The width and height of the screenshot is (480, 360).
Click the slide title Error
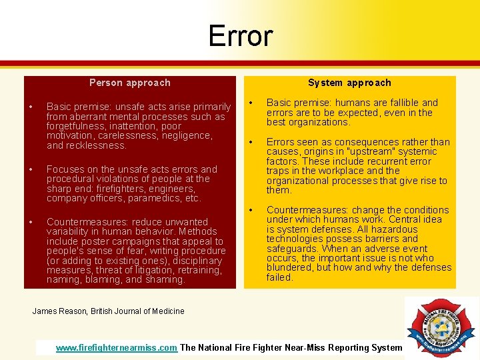click(x=240, y=35)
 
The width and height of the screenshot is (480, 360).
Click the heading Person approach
click(x=130, y=83)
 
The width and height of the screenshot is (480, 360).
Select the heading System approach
click(x=349, y=83)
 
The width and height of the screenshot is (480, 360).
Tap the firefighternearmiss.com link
click(x=117, y=347)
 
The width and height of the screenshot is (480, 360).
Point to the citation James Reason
click(x=60, y=311)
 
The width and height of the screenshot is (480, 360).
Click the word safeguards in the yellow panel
click(x=291, y=249)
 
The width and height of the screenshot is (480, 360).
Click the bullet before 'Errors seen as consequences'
click(x=251, y=142)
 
